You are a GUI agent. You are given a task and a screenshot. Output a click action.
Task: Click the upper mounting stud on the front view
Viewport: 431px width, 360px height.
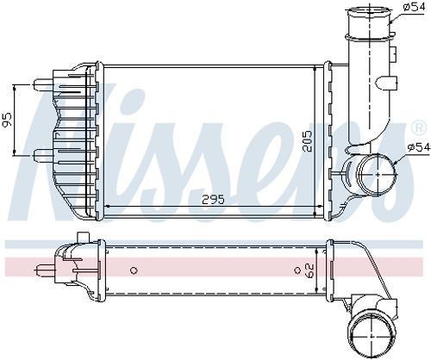pyautogui.click(x=41, y=84)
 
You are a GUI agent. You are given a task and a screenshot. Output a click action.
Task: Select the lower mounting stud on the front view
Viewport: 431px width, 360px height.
pyautogui.click(x=41, y=157)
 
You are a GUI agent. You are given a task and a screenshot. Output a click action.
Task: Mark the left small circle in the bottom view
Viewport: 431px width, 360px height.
pyautogui.click(x=134, y=270)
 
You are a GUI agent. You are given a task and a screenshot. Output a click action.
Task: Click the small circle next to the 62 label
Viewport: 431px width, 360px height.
pyautogui.click(x=297, y=270)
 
